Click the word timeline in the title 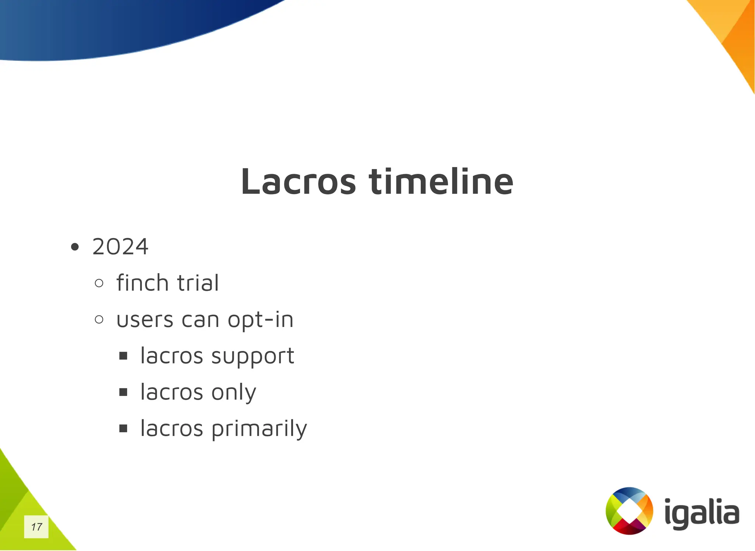coord(441,182)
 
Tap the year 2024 coord(120,247)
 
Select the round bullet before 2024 coord(75,247)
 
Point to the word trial coord(198,283)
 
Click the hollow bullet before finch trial coord(99,283)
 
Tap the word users coord(145,320)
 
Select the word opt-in coord(260,320)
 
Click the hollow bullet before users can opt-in coord(99,320)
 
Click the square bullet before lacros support coord(123,356)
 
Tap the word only coord(234,392)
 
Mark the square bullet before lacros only coord(123,392)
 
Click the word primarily coord(259,429)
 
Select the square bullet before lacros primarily coord(123,428)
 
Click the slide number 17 coord(36,527)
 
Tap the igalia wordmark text coord(702,513)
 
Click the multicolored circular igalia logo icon coord(629,511)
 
